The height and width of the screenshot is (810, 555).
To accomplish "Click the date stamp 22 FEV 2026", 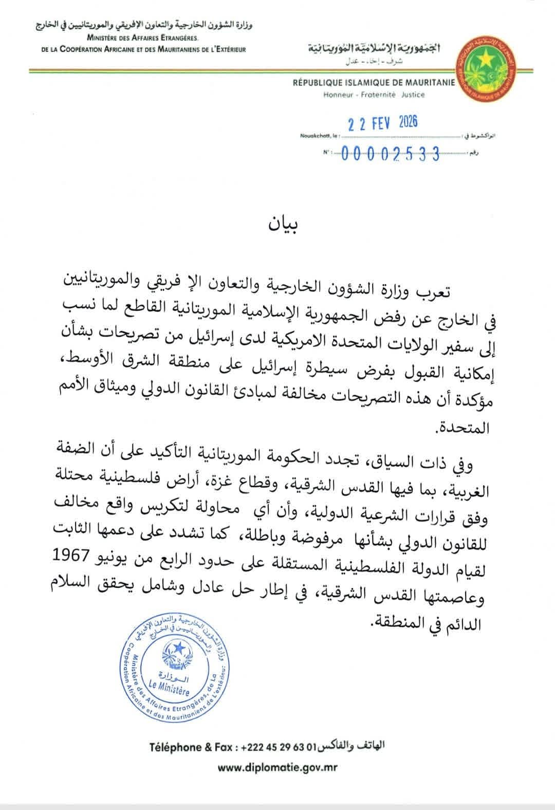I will (x=383, y=123).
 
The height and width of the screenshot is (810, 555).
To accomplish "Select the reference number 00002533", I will (x=391, y=154).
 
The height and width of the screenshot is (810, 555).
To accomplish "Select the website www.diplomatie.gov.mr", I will (x=277, y=768).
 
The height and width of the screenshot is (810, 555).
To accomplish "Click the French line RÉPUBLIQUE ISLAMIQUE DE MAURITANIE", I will (x=374, y=83).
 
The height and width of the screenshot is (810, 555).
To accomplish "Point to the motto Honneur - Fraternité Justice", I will (x=374, y=95).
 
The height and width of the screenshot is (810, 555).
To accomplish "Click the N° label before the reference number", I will (x=326, y=153).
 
